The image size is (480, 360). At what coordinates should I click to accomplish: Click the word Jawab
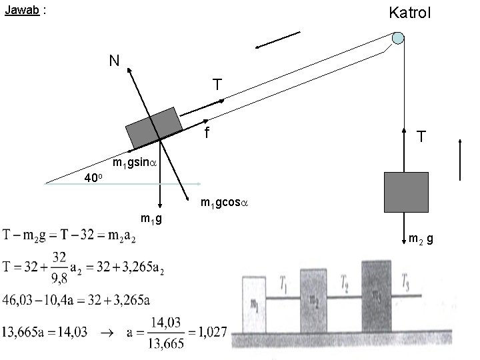tap(19, 11)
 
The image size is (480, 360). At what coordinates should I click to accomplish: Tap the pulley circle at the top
tap(398, 38)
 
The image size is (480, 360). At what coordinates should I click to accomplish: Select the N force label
tap(115, 61)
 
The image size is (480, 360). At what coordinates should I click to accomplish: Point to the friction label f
tap(207, 133)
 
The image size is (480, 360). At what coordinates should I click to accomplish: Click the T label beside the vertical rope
tap(421, 137)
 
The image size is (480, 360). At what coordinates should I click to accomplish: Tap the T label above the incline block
tap(217, 85)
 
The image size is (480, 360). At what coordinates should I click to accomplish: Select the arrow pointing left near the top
tap(277, 39)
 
